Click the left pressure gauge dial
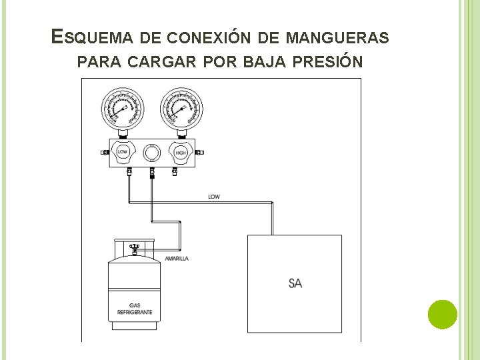coord(123,109)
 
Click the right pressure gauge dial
coord(181,109)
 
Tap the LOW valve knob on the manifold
coord(123,153)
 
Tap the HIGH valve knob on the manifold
coord(181,153)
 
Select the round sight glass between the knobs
coord(152,153)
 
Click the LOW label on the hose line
coord(214,197)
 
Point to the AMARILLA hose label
coord(177,258)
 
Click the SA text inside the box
coord(295,283)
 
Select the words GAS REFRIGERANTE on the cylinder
coord(135,309)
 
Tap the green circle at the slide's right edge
coord(441,314)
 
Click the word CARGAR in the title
coord(155,62)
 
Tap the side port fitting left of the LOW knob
coord(105,153)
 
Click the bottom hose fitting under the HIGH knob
coord(175,172)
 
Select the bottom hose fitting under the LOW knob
coord(129,172)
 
